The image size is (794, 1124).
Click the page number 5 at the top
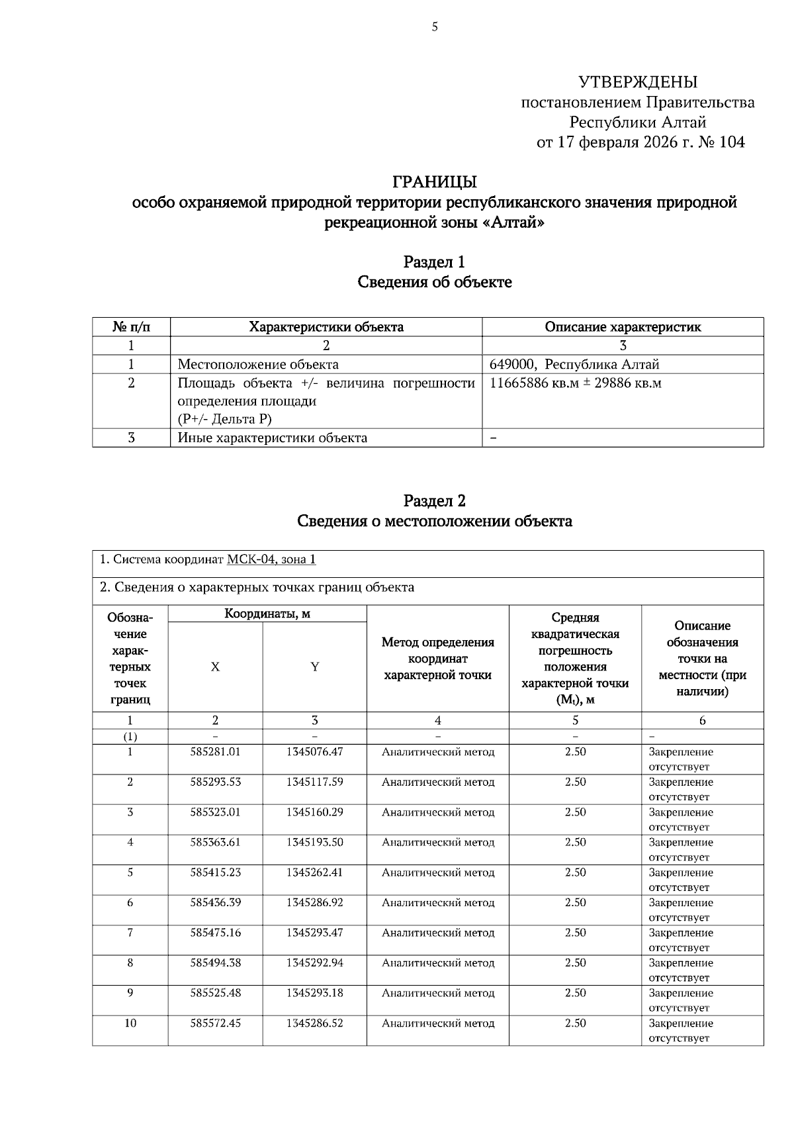pyautogui.click(x=435, y=27)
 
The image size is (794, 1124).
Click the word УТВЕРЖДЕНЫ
pyautogui.click(x=638, y=82)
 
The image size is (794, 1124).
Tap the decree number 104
pyautogui.click(x=731, y=142)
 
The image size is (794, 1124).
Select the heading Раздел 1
pyautogui.click(x=435, y=262)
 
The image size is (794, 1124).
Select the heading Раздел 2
pyautogui.click(x=435, y=500)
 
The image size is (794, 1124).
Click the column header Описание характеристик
pyautogui.click(x=623, y=327)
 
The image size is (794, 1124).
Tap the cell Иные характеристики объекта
pyautogui.click(x=273, y=438)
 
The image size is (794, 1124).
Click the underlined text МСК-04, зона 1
pyautogui.click(x=271, y=560)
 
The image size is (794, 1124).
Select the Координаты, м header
pyautogui.click(x=267, y=614)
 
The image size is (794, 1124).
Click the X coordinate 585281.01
pyautogui.click(x=216, y=752)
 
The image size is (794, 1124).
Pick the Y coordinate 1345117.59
pyautogui.click(x=315, y=782)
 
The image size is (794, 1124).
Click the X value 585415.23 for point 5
pyautogui.click(x=216, y=872)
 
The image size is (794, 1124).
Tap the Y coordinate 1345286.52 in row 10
pyautogui.click(x=315, y=1023)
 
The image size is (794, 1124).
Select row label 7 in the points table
pyautogui.click(x=130, y=933)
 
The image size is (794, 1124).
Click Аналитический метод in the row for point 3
pyautogui.click(x=438, y=812)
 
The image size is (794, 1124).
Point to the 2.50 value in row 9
pyautogui.click(x=575, y=993)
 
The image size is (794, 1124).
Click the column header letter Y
pyautogui.click(x=315, y=667)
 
